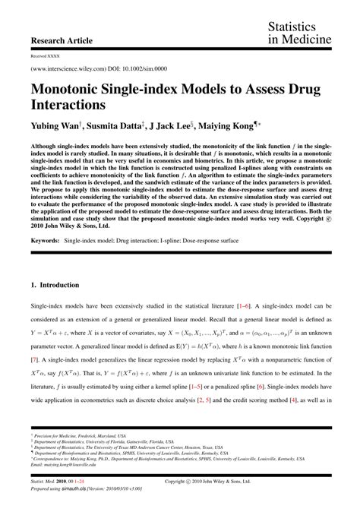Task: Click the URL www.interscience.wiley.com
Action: point(73,68)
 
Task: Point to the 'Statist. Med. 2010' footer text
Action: point(52,480)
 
